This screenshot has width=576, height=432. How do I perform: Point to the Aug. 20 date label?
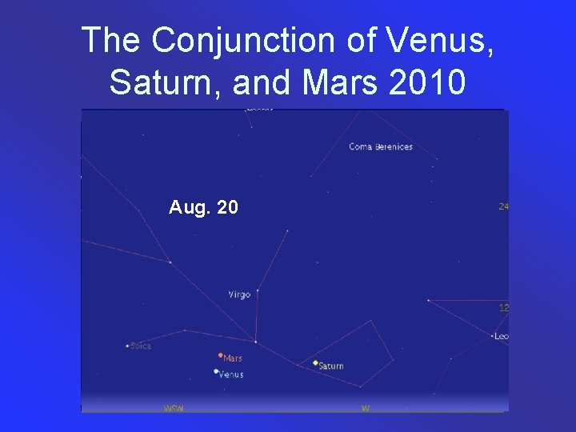point(203,208)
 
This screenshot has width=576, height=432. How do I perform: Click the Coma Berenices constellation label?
point(381,147)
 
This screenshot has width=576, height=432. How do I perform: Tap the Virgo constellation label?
point(239,294)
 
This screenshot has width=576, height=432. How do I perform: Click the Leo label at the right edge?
point(502,336)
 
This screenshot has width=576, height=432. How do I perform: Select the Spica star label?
point(141,346)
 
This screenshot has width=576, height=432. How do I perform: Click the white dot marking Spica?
point(127,346)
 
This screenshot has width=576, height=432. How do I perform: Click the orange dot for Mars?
point(220,355)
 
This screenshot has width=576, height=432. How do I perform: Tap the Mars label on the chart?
point(233,358)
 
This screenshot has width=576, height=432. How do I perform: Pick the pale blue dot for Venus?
point(216,371)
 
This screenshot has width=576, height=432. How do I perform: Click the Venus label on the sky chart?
point(231,374)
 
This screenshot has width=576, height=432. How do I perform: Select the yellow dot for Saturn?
point(315,362)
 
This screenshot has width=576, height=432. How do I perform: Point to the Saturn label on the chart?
point(331,366)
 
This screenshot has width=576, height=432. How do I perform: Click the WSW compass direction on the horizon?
point(174,408)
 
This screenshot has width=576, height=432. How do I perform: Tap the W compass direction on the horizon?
point(366,408)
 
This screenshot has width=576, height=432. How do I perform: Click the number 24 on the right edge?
point(504,206)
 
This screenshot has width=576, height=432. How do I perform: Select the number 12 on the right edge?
point(504,307)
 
